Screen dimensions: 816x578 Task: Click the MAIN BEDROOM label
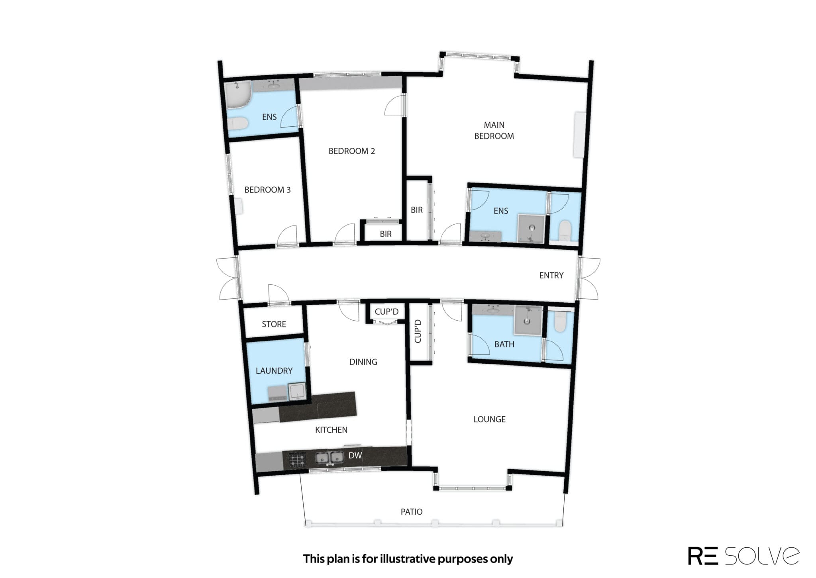494,131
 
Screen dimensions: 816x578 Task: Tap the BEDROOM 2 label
352,151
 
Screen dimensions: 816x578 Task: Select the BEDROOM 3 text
267,190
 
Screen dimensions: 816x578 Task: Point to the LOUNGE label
489,419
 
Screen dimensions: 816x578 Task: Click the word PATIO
412,511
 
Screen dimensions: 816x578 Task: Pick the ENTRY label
551,275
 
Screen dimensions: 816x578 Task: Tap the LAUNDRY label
274,371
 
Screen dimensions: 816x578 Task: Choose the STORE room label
274,324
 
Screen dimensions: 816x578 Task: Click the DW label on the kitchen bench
355,455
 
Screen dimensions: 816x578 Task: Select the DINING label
363,362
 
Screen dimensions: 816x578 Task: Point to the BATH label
504,344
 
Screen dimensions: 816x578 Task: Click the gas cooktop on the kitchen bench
297,459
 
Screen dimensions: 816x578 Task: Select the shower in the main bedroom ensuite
531,229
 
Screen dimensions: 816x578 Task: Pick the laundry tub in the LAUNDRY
297,391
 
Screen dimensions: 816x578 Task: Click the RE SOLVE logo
743,556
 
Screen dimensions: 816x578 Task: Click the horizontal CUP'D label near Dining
386,312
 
